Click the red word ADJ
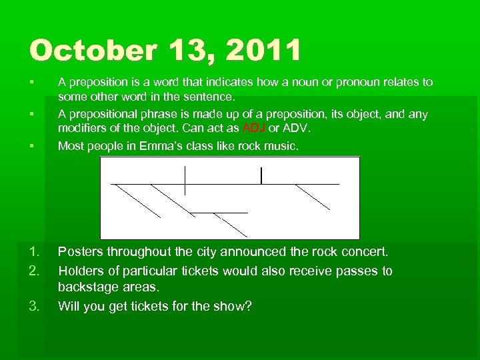[x=254, y=128]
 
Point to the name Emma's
[x=173, y=146]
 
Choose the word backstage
[x=91, y=287]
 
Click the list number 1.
[x=34, y=252]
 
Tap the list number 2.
[x=34, y=271]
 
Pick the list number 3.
[x=34, y=307]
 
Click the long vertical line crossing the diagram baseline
[x=185, y=179]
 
